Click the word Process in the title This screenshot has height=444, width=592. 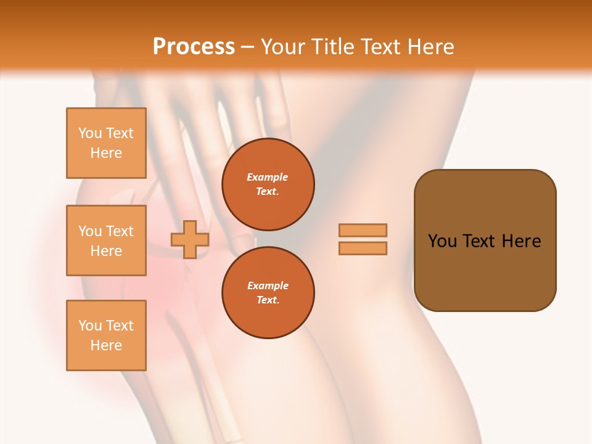pyautogui.click(x=194, y=47)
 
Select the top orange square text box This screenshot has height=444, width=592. pyautogui.click(x=106, y=143)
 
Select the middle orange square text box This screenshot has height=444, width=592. pyautogui.click(x=106, y=240)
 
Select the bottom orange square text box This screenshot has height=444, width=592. pyautogui.click(x=106, y=335)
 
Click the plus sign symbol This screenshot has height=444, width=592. pyautogui.click(x=189, y=239)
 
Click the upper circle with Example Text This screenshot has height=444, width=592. pyautogui.click(x=268, y=184)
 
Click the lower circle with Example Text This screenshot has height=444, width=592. pyautogui.click(x=268, y=292)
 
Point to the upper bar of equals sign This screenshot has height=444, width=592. pyautogui.click(x=363, y=230)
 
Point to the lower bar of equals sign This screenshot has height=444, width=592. pyautogui.click(x=363, y=249)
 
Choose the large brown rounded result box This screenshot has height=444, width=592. pyautogui.click(x=485, y=240)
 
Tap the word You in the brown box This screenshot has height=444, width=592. pyautogui.click(x=442, y=241)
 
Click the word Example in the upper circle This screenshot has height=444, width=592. pyautogui.click(x=268, y=177)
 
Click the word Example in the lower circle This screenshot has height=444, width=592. pyautogui.click(x=268, y=286)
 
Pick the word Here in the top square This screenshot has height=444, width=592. pyautogui.click(x=106, y=153)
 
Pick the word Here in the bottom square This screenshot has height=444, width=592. pyautogui.click(x=106, y=345)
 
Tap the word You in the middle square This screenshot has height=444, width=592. pyautogui.click(x=89, y=231)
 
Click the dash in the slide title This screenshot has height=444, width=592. pyautogui.click(x=248, y=47)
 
